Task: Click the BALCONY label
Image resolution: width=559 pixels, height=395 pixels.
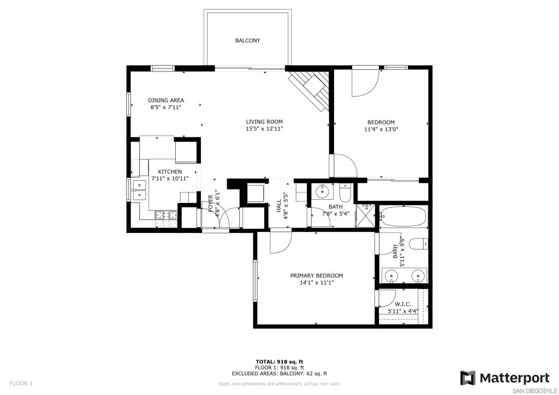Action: [247, 40]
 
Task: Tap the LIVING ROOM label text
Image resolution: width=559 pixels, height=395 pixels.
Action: [264, 122]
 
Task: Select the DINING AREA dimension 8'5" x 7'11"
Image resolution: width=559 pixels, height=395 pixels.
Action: [166, 107]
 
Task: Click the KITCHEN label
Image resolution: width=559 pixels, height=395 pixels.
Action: [170, 172]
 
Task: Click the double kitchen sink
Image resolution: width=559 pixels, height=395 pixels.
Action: [139, 190]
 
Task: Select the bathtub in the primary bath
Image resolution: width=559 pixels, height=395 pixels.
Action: [403, 216]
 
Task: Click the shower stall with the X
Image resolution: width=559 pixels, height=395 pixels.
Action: [365, 216]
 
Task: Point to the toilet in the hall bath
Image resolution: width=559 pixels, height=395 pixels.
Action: [345, 193]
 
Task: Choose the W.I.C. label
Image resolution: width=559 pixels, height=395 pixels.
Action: [403, 304]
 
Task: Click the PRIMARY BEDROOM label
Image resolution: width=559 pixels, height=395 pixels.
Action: [317, 276]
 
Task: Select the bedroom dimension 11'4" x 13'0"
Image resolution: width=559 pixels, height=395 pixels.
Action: [380, 129]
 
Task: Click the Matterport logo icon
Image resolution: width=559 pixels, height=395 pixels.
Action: [468, 378]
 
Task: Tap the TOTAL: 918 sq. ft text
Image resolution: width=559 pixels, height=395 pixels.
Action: [279, 362]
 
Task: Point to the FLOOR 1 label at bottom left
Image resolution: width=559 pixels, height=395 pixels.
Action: [21, 384]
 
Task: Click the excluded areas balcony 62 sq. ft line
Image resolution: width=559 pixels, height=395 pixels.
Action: [279, 374]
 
